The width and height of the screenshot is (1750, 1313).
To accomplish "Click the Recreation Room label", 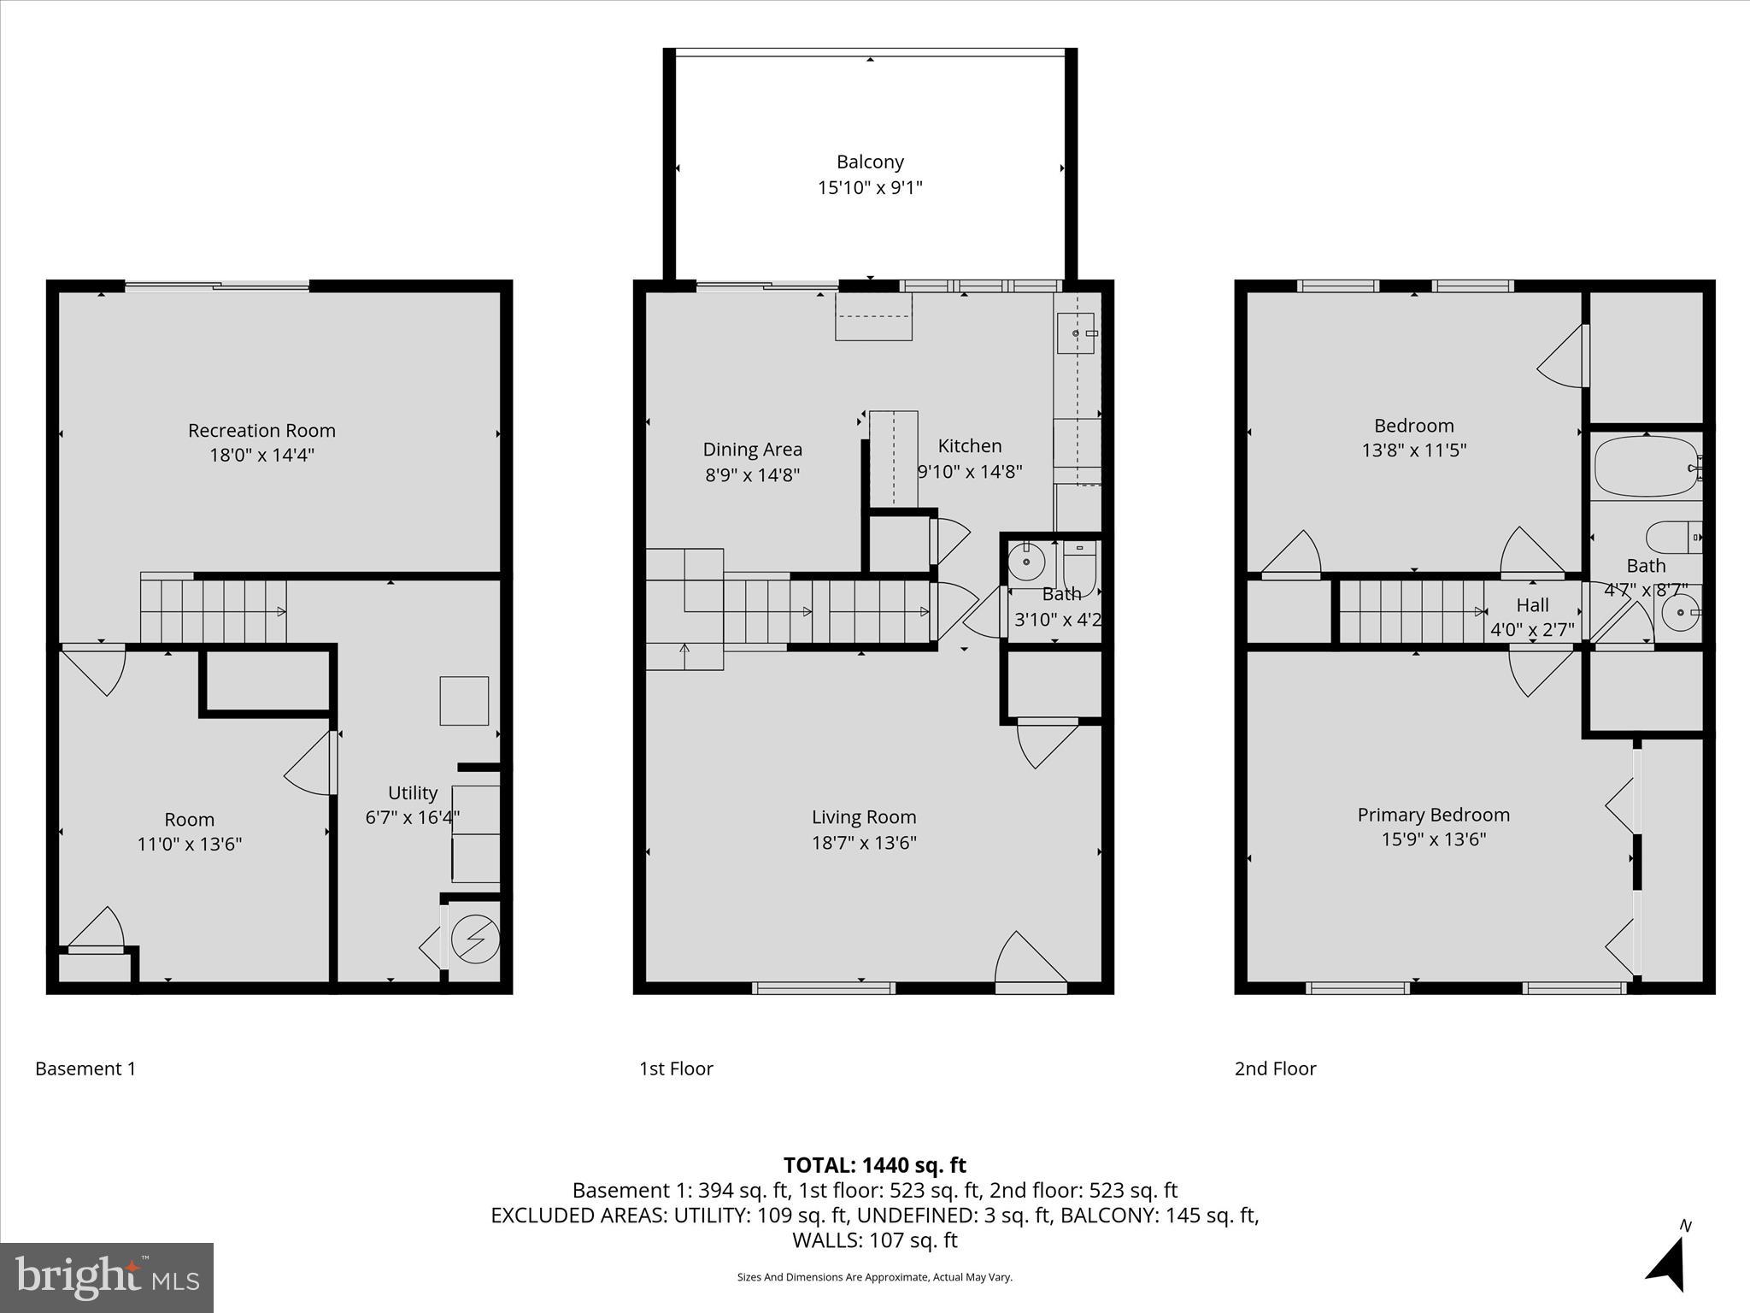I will pos(261,430).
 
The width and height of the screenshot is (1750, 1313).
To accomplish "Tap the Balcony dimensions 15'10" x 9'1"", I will pos(870,187).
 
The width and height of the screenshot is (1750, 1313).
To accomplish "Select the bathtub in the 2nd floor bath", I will pos(1647,467).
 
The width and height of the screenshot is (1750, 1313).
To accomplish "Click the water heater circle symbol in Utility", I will pos(475,939).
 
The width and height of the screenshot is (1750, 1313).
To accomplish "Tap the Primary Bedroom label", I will pos(1433,815).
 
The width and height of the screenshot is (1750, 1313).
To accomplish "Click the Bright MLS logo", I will pos(107,1277).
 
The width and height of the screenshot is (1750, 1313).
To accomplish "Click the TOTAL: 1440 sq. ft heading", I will pos(874,1165).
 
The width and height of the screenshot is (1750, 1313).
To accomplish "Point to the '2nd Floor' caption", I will pos(1275,1069).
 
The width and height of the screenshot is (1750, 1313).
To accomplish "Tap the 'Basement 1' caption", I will pos(85,1069).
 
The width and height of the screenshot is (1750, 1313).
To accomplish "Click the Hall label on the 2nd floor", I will pos(1532,605).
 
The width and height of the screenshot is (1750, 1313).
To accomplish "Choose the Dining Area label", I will pos(752,449).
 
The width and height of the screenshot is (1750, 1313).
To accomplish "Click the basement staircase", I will pos(214,610).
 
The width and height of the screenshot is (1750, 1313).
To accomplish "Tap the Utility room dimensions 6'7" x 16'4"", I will pos(413,817).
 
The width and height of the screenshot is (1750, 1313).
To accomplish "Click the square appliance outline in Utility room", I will pos(464,701).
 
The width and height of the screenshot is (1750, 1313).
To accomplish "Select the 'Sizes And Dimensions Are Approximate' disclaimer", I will pos(874,1277).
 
